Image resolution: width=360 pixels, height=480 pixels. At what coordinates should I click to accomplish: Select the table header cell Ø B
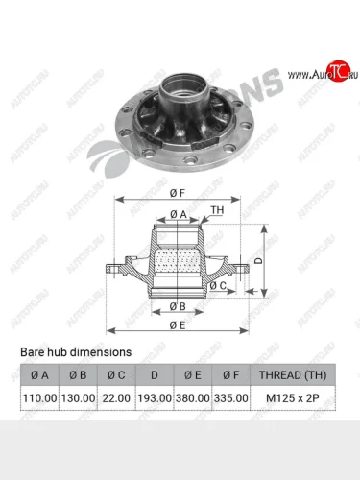78,373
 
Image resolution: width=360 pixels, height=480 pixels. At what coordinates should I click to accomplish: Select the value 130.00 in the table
78,396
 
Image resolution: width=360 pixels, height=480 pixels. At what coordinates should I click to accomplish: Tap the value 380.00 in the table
193,396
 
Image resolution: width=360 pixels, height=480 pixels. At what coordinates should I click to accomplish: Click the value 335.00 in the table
230,396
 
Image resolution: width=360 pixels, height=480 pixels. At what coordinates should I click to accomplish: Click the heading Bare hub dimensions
76,352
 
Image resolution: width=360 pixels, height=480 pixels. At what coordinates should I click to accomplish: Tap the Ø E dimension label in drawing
179,324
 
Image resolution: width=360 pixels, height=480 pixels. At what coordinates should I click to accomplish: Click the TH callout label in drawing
217,209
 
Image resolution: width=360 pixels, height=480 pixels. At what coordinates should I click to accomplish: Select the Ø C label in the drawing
218,285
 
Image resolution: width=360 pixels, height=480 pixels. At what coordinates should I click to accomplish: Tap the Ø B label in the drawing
178,306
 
